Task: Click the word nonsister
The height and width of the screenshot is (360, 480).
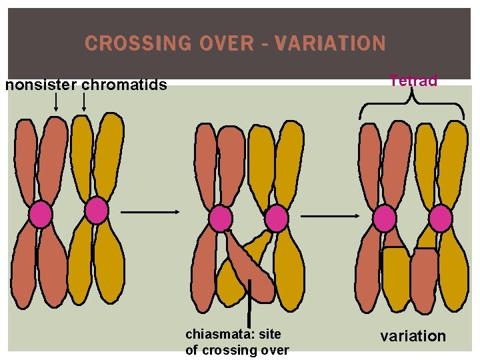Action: pos(40,85)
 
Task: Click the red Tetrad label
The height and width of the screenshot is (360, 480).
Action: pos(413,81)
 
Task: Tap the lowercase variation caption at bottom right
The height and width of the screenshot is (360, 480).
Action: pos(413,336)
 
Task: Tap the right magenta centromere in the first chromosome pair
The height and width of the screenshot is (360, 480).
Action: pos(97,211)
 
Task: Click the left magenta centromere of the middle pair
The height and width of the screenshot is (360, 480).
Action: pos(220,219)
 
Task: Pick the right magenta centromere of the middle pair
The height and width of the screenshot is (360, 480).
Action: pos(276,219)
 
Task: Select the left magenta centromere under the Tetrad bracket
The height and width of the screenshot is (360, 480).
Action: pos(385,219)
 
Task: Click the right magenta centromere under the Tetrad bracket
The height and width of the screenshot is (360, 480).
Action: pos(441,219)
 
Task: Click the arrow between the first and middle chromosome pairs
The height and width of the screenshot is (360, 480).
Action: pos(150,212)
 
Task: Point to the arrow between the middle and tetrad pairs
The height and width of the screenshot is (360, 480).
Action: pos(331,217)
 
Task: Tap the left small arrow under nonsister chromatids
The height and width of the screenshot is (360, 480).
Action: pos(56,102)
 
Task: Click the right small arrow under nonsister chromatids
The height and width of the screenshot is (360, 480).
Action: pos(84,102)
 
